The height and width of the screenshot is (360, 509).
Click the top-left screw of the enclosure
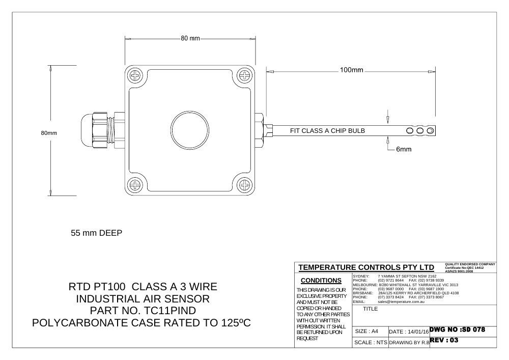(134, 76)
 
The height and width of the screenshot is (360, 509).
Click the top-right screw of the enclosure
(244, 76)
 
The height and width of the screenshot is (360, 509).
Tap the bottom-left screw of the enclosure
(134, 185)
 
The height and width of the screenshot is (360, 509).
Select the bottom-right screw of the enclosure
(244, 185)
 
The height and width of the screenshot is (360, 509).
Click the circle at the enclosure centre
(189, 130)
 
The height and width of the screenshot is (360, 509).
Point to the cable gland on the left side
(103, 130)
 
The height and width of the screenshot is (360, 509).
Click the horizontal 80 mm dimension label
(190, 38)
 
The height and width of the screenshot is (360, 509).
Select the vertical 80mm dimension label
(49, 133)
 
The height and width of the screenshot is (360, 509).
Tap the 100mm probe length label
(351, 70)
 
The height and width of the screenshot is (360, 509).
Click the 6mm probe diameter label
(404, 149)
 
